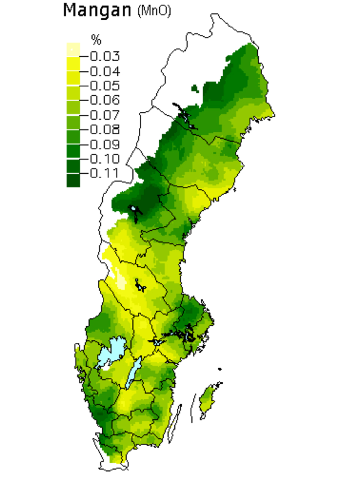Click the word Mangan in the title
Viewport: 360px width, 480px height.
97,10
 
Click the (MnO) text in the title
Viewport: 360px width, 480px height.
154,11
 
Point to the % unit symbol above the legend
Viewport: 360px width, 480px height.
96,40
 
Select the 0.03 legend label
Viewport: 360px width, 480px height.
105,56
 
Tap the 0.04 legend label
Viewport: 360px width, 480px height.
105,71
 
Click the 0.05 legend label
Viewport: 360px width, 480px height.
105,85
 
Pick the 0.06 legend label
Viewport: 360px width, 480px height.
105,100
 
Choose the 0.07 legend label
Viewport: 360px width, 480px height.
105,115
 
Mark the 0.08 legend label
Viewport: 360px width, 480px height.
105,129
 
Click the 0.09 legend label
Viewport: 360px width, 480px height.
105,144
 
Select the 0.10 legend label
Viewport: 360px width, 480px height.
105,159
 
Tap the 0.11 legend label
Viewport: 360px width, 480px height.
105,173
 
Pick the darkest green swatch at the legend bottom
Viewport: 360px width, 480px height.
73,181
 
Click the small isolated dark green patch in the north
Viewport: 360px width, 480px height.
194,89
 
